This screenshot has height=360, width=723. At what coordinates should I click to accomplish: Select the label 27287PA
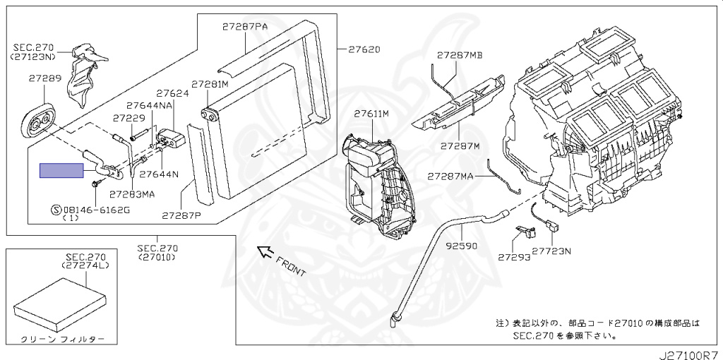(x=244, y=27)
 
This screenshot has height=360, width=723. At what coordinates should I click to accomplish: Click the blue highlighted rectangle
(x=61, y=171)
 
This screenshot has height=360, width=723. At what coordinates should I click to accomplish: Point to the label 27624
(x=172, y=93)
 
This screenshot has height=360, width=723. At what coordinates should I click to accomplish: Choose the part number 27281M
(x=210, y=85)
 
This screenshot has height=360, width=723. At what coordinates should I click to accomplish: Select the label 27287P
(x=181, y=215)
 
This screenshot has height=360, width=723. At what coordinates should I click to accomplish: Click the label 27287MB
(x=459, y=55)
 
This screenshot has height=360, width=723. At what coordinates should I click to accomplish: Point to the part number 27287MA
(x=450, y=176)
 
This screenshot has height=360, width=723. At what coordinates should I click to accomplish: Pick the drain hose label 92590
(x=461, y=246)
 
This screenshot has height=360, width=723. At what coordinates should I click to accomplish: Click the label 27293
(x=514, y=257)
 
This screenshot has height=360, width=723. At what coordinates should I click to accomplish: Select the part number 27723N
(x=551, y=251)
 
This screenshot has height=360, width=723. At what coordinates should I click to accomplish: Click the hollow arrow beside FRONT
(x=265, y=252)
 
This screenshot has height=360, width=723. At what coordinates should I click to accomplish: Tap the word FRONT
(x=290, y=265)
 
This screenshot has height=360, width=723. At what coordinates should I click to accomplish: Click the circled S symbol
(x=56, y=210)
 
